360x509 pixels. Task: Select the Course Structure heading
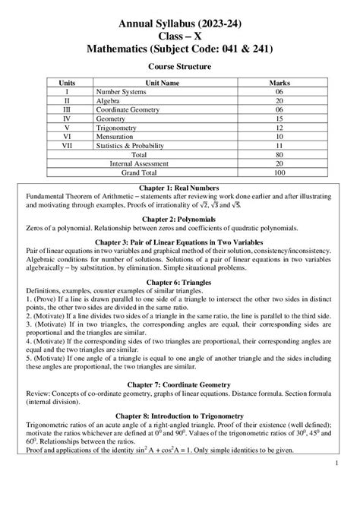[x=180, y=66]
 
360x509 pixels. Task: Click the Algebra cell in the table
[x=109, y=100]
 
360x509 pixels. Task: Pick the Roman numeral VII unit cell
[x=70, y=145]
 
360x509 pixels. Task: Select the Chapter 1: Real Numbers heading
[x=180, y=188]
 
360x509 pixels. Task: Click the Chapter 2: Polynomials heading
[x=180, y=219]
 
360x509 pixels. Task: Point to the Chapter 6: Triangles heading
[x=180, y=281]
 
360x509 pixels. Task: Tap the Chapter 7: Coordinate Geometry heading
[x=180, y=378]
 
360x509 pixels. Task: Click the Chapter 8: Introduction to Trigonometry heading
[x=180, y=416]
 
